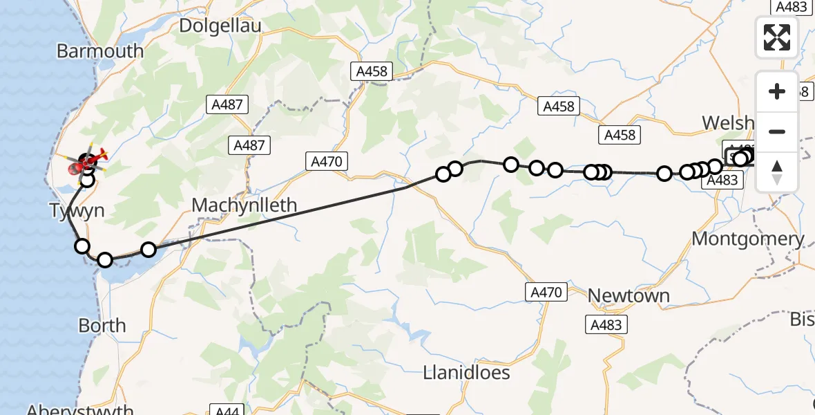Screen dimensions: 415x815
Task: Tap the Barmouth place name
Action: pos(100,51)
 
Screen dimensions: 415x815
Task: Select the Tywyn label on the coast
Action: pos(77,210)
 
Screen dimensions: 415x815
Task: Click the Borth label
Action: pos(102,325)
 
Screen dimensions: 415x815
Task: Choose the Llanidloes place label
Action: pos(467,373)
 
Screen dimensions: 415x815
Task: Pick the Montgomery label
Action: pos(748,239)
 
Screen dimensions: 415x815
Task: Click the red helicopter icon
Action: pos(88,163)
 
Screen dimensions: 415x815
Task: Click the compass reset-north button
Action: pos(777,172)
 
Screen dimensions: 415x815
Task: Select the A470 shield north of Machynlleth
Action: pos(327,162)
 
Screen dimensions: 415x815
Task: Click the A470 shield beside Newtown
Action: pos(546,292)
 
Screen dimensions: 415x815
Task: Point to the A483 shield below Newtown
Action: pos(606,324)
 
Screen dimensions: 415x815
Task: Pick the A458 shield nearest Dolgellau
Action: pos(372,71)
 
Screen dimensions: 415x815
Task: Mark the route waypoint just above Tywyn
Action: pos(87,180)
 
